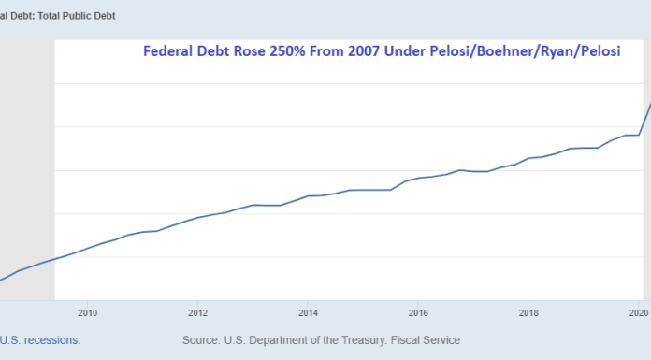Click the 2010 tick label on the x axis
(88, 312)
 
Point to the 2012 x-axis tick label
(198, 312)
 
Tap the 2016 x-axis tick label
(418, 312)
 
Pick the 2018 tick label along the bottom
(528, 312)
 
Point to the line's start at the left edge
(3, 279)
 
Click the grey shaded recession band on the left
(26, 168)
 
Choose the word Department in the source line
(287, 340)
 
